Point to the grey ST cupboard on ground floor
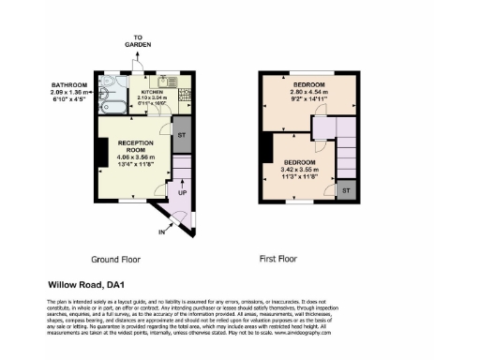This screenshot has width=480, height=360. tap(182, 134)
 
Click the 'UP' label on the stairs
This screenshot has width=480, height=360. tap(182, 192)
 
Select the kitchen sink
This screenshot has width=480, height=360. tap(165, 81)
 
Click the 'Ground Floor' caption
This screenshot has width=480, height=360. tap(116, 259)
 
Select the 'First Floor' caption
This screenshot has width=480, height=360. tap(278, 259)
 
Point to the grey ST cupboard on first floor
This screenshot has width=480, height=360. tap(346, 190)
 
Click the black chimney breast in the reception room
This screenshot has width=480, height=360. tap(100, 150)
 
